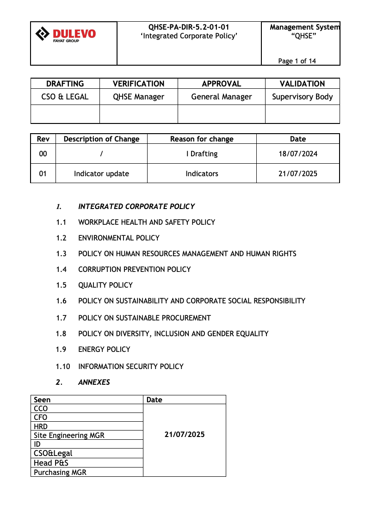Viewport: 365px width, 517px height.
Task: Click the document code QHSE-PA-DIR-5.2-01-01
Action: tap(189, 27)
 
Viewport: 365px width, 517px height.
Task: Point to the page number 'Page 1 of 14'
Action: tap(297, 61)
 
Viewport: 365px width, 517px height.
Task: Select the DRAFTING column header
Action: tap(65, 84)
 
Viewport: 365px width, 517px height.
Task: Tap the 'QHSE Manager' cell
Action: tap(139, 97)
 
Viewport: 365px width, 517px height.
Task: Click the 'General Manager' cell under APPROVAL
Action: tap(222, 97)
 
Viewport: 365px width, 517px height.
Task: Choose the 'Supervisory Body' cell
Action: tap(303, 97)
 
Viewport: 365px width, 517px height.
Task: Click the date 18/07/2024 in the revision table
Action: tap(298, 154)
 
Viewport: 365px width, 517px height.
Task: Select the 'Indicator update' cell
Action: tap(101, 174)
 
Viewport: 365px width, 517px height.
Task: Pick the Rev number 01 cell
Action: tap(43, 174)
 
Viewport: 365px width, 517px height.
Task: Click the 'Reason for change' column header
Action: tap(202, 139)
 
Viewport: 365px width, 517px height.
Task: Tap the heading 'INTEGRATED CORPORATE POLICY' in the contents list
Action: tap(136, 206)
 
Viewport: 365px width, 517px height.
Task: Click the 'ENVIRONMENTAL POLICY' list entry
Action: tap(119, 238)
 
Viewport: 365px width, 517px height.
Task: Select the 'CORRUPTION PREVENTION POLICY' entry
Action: tap(135, 269)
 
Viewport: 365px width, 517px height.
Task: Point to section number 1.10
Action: tap(63, 366)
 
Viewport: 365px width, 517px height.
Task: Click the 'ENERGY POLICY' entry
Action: tap(104, 349)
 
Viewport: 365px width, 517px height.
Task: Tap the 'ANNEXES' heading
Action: tap(94, 382)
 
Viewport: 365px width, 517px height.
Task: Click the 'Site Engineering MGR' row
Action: tap(69, 435)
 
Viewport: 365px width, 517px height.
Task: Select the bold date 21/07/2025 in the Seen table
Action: tap(185, 435)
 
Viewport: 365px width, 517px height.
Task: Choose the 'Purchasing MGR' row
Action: tap(60, 472)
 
